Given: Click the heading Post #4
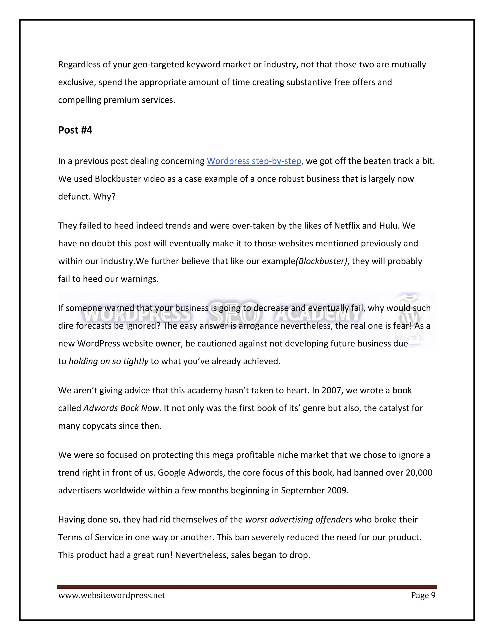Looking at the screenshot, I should (x=75, y=130).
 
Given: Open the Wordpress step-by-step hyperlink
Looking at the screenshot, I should (x=254, y=161).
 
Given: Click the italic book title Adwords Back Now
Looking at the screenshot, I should (x=121, y=408).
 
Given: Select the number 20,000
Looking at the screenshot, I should (x=419, y=472).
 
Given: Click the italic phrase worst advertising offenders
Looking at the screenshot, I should (x=299, y=519).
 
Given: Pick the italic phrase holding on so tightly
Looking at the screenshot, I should (x=108, y=361).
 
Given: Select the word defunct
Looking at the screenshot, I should (x=74, y=196).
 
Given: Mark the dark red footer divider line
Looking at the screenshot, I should (x=247, y=587).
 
